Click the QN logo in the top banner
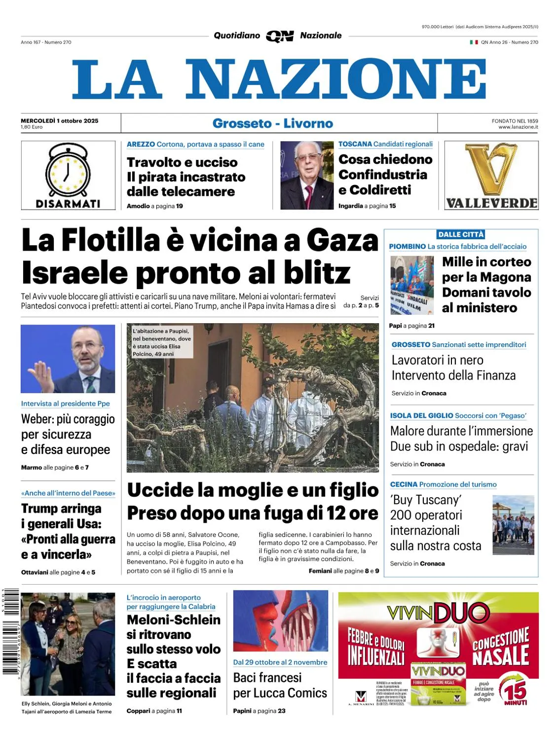pyautogui.click(x=280, y=36)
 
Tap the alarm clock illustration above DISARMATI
pyautogui.click(x=68, y=170)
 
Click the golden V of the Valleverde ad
pyautogui.click(x=491, y=169)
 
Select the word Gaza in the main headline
pyautogui.click(x=342, y=241)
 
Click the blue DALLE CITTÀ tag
pyautogui.click(x=461, y=234)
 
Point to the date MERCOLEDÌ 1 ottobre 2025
pyautogui.click(x=60, y=120)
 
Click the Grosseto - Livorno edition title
pyautogui.click(x=273, y=123)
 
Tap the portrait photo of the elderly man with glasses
pyautogui.click(x=307, y=175)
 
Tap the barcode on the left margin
pyautogui.click(x=10, y=631)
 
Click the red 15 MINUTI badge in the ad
pyautogui.click(x=515, y=690)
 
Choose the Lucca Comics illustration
pyautogui.click(x=280, y=621)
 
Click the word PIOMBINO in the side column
pyautogui.click(x=407, y=246)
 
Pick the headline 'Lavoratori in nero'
pyautogui.click(x=437, y=360)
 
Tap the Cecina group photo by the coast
pyautogui.click(x=513, y=524)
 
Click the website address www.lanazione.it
pyautogui.click(x=518, y=127)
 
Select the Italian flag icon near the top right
pyautogui.click(x=474, y=42)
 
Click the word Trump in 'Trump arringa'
pyautogui.click(x=39, y=508)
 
